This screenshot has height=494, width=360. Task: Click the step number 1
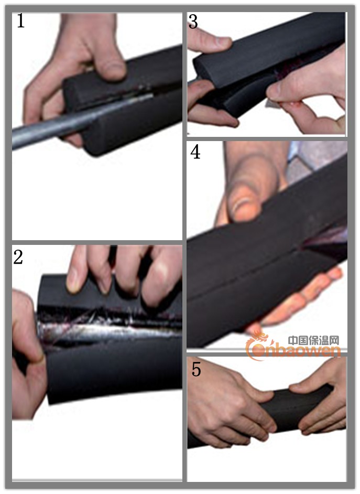coord(21,21)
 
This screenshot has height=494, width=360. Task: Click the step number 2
coord(18,257)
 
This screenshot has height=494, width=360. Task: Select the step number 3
coord(193,22)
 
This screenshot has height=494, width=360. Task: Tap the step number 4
coord(195,152)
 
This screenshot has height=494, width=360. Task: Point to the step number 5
coord(196,369)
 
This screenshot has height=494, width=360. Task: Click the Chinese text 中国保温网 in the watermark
coord(314,340)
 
